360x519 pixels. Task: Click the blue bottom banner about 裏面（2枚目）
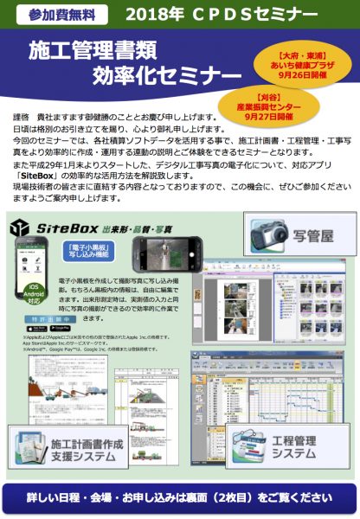pos(180,497)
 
